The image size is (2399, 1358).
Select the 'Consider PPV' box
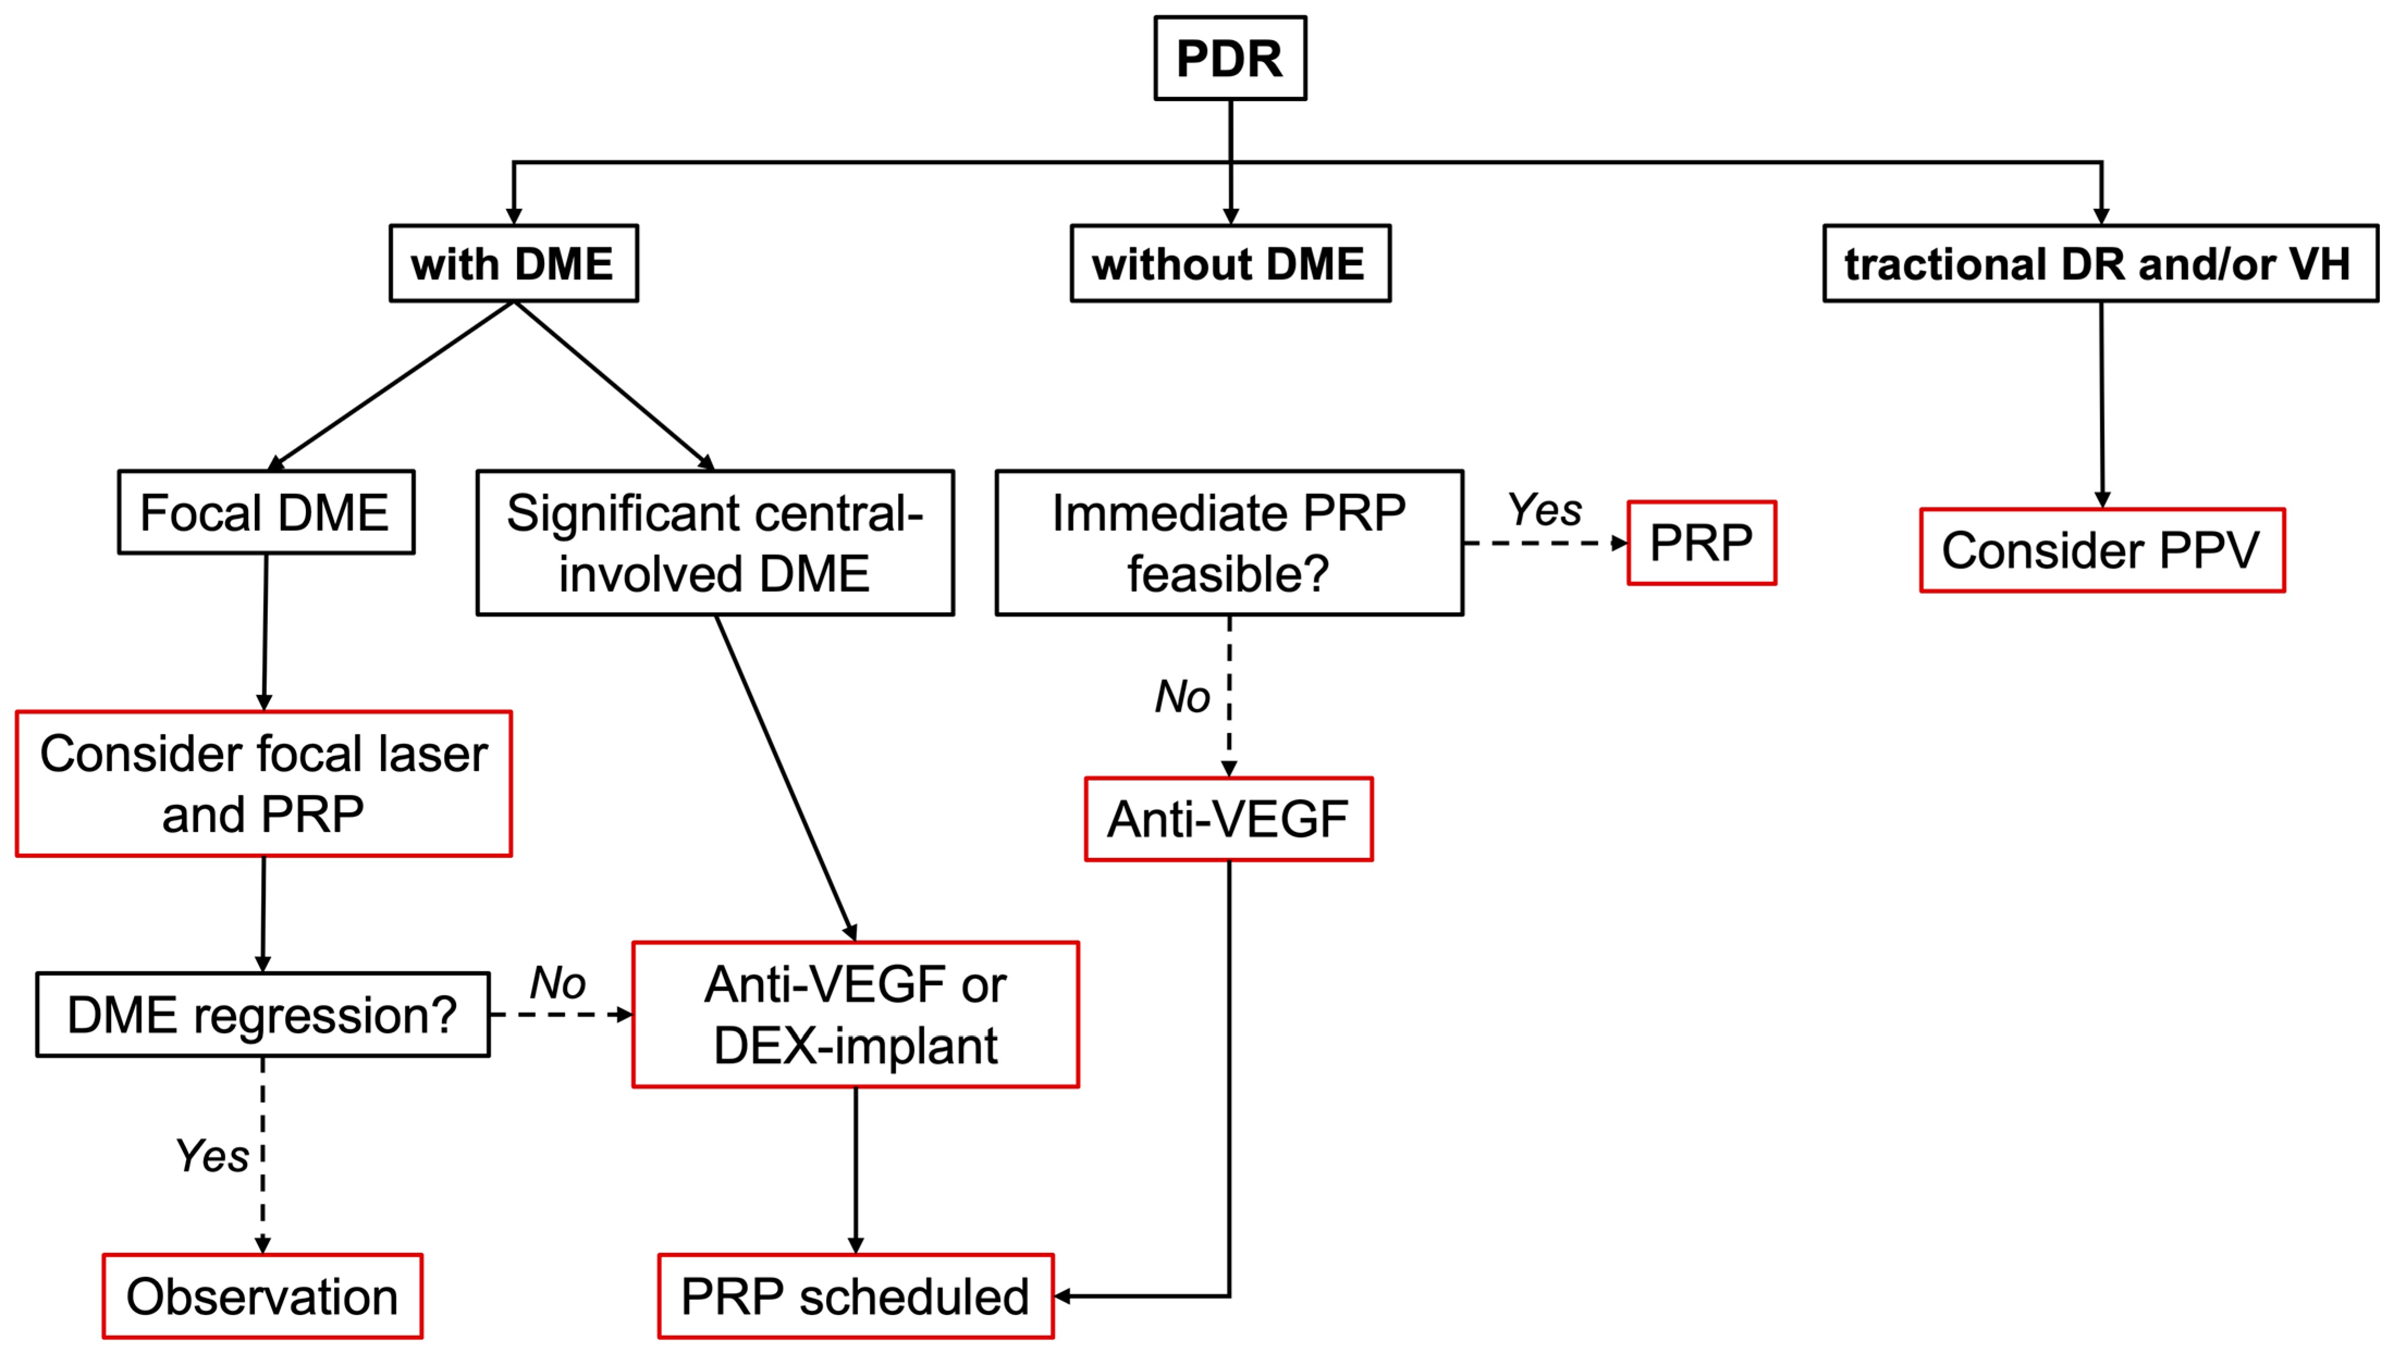click(2101, 550)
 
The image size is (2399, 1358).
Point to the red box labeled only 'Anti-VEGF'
click(1228, 819)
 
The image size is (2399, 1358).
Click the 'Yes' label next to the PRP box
click(1545, 509)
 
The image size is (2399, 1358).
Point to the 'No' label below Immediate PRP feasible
click(1182, 696)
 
